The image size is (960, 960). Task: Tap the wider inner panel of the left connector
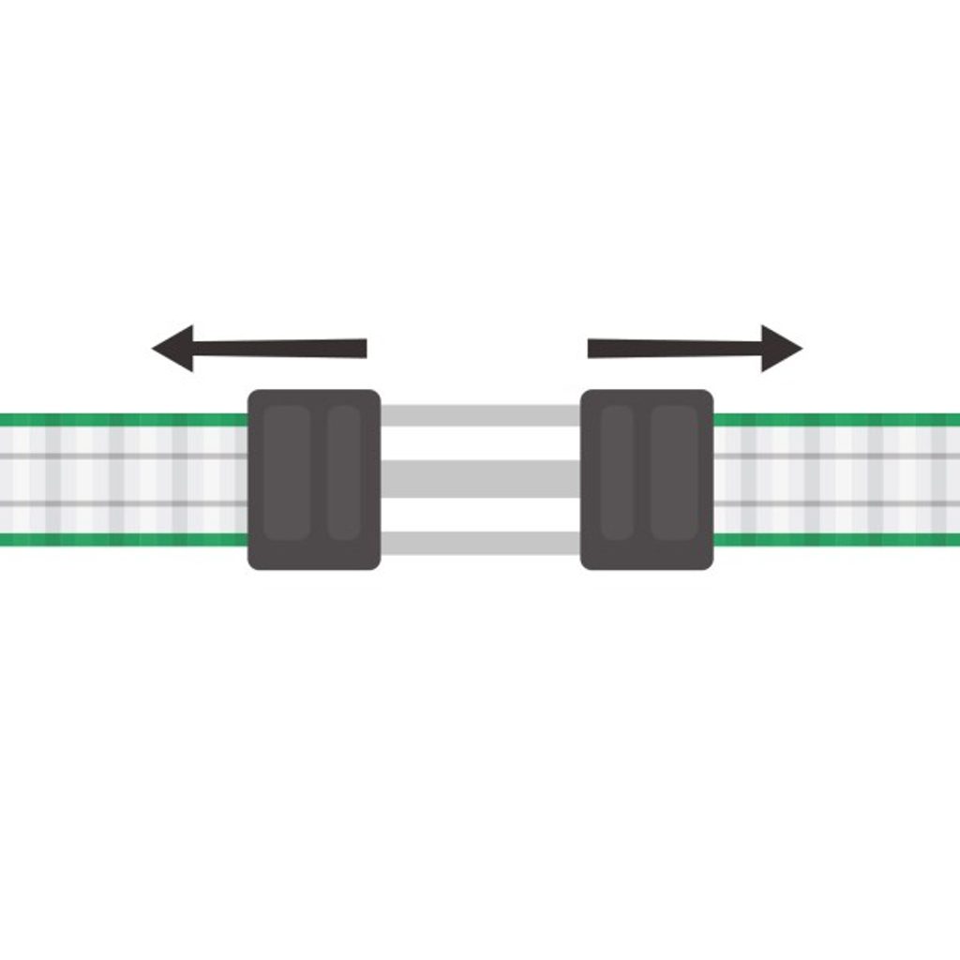coord(286,472)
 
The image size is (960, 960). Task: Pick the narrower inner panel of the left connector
coord(344,472)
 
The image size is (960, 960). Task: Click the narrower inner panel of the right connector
coord(617,472)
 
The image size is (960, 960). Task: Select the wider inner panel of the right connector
coord(674,472)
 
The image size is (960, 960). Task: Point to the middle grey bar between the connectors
coord(480,478)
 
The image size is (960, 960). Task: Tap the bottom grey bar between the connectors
coord(480,542)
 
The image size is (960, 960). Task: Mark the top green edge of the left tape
coord(122,420)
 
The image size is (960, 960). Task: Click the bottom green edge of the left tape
coord(122,539)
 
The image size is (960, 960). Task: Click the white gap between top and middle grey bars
coord(480,443)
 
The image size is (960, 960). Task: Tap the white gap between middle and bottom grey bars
coord(480,514)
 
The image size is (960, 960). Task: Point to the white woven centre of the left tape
coord(122,479)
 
